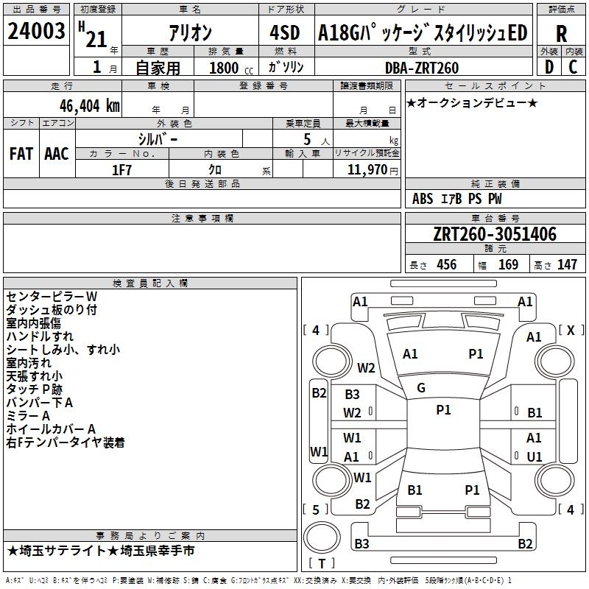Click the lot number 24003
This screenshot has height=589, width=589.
[x=37, y=31]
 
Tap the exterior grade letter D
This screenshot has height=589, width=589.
[x=549, y=67]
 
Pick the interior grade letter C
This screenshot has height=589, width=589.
[x=574, y=67]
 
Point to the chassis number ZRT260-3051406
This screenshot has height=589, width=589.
[x=495, y=234]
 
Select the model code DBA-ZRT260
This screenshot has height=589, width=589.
[x=422, y=68]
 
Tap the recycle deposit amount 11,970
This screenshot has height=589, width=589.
[x=366, y=170]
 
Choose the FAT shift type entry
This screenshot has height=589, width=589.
[x=21, y=154]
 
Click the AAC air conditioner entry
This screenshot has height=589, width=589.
[x=57, y=154]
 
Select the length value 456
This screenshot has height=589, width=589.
[x=446, y=264]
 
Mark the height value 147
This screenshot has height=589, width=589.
[x=566, y=264]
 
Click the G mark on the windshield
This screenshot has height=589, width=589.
[x=421, y=387]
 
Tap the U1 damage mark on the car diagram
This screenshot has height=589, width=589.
[x=535, y=456]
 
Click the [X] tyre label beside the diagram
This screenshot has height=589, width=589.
[x=571, y=331]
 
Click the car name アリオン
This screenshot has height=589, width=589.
[x=191, y=32]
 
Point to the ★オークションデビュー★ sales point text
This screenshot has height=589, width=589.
[x=472, y=102]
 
